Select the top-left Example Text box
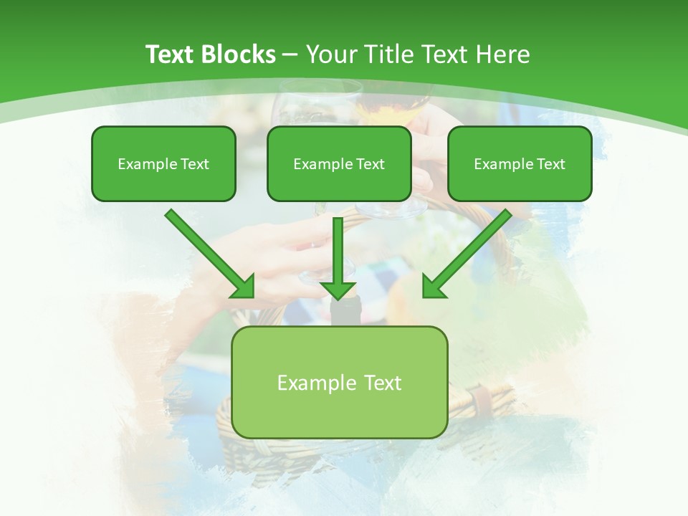click(x=163, y=163)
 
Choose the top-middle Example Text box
click(x=339, y=163)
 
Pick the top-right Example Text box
click(x=520, y=163)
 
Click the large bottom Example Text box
click(x=339, y=382)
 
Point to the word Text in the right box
click(x=550, y=164)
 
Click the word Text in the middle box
click(x=370, y=164)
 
